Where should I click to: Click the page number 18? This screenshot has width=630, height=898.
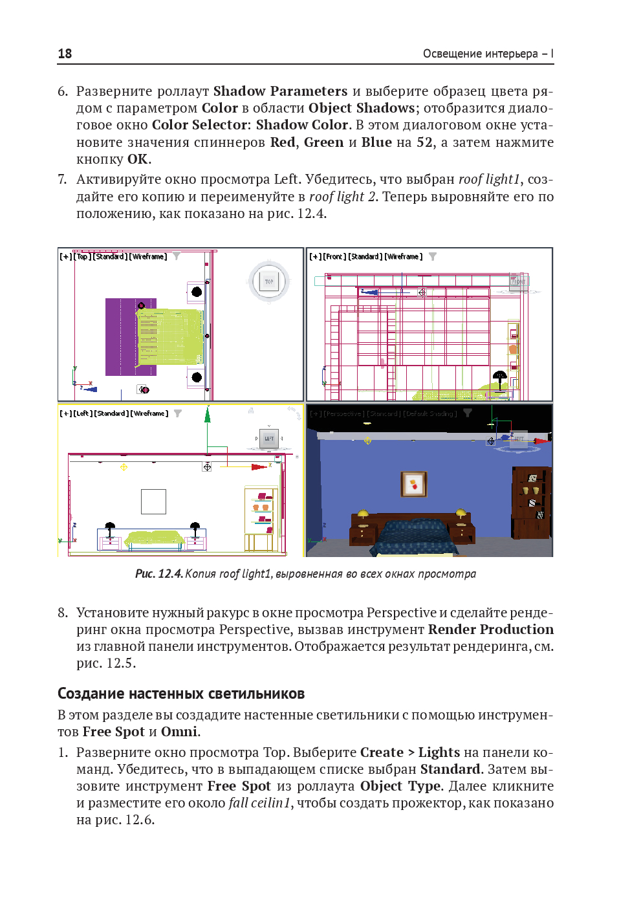(65, 54)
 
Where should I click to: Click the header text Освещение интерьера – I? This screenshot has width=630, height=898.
(488, 54)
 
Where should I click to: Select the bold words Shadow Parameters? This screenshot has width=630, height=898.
(280, 91)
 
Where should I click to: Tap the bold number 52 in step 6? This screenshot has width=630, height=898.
(424, 142)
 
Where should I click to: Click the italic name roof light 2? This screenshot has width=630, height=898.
(343, 197)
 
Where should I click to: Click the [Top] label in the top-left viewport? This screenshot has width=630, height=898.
(83, 257)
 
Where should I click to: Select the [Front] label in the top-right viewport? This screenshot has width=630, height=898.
(334, 257)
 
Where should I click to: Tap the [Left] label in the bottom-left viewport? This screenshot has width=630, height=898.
(82, 413)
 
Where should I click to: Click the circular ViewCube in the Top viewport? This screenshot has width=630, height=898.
(268, 281)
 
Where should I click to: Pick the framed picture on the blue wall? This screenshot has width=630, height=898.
(414, 483)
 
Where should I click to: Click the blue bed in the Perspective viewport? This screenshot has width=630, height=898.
(414, 534)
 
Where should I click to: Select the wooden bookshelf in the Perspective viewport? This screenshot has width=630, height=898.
(532, 502)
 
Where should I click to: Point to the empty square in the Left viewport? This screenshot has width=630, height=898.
(153, 501)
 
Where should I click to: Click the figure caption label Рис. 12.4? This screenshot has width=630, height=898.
(159, 574)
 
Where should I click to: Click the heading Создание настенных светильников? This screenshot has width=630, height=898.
(181, 694)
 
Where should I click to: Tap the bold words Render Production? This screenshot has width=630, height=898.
(490, 630)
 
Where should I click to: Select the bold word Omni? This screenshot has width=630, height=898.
(179, 732)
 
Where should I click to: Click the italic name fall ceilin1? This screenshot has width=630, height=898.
(259, 803)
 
